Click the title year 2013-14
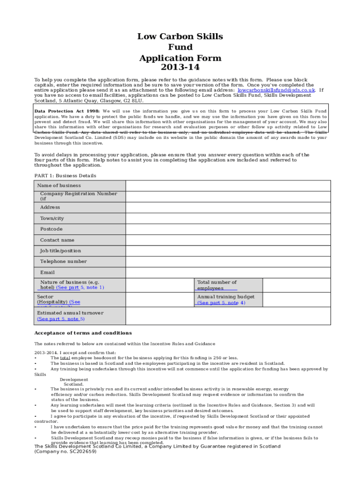(180, 69)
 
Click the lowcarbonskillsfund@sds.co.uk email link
(276, 90)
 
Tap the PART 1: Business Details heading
(65, 176)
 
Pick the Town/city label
(52, 218)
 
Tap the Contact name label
(57, 240)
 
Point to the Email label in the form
(47, 272)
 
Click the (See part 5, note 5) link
(61, 319)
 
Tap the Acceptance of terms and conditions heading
(83, 333)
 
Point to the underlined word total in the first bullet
(65, 358)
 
